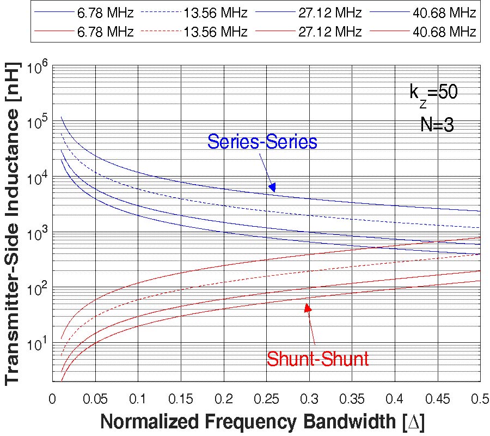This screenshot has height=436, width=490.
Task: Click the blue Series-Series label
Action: tap(262, 142)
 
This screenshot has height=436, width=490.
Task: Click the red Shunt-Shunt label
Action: tap(317, 358)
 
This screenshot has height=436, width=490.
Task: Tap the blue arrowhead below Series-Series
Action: tap(272, 187)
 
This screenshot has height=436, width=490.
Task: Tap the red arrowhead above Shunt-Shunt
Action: tap(308, 307)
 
